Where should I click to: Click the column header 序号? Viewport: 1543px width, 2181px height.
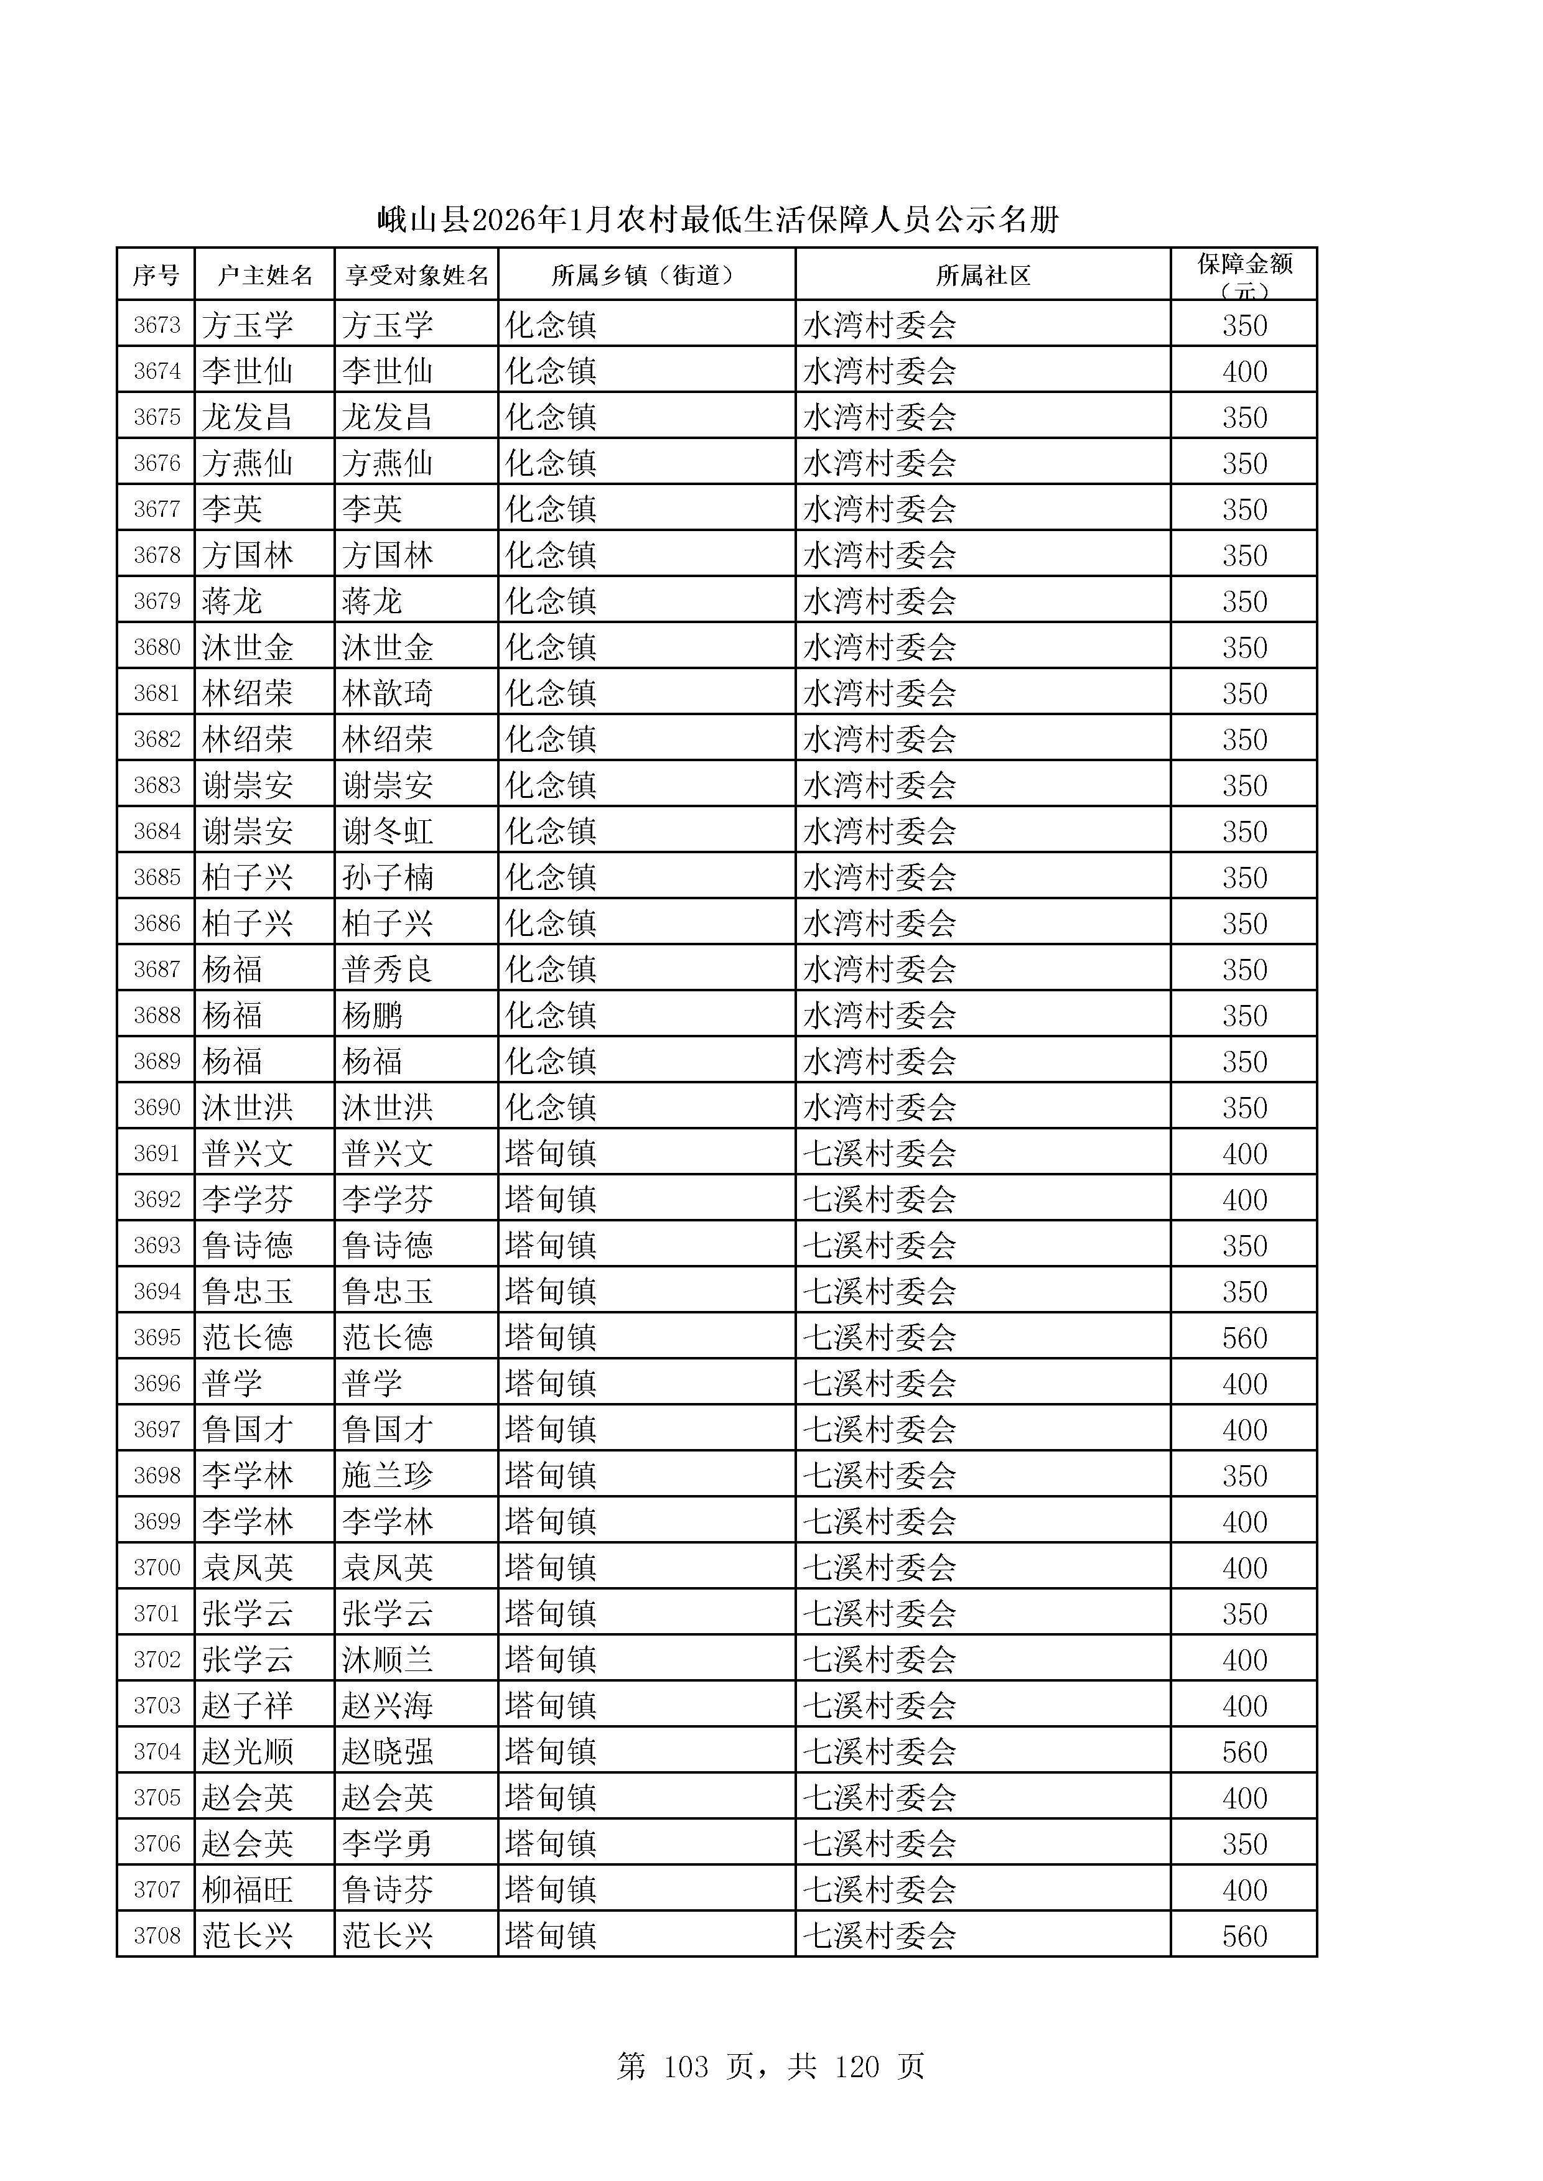coord(156,276)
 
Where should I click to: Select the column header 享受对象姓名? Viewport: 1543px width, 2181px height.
coord(416,276)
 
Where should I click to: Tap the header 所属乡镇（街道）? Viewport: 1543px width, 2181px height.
coord(646,276)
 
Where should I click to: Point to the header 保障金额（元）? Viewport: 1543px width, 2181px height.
coord(1244,276)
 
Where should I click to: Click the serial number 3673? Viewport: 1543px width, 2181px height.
coord(157,325)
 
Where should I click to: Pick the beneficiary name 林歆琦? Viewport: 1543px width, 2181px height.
coord(388,693)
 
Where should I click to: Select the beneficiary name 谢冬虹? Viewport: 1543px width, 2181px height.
coord(388,831)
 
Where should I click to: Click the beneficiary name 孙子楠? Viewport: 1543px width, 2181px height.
coord(388,877)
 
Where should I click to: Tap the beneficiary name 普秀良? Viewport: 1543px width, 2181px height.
coord(388,969)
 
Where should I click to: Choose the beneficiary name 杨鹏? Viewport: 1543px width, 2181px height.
coord(373,1016)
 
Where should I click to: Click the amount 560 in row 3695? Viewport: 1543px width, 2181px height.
coord(1244,1338)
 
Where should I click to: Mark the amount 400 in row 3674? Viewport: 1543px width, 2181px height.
coord(1244,371)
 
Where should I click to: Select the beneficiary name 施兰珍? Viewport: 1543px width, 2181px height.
coord(388,1475)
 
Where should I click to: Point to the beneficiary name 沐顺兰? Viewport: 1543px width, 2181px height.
coord(388,1659)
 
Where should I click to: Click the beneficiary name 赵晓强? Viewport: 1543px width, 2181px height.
coord(388,1752)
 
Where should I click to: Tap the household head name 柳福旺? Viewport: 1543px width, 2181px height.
coord(247,1889)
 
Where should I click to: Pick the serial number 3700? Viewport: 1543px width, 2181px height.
coord(157,1567)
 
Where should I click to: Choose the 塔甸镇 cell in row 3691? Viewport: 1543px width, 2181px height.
coord(551,1153)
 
